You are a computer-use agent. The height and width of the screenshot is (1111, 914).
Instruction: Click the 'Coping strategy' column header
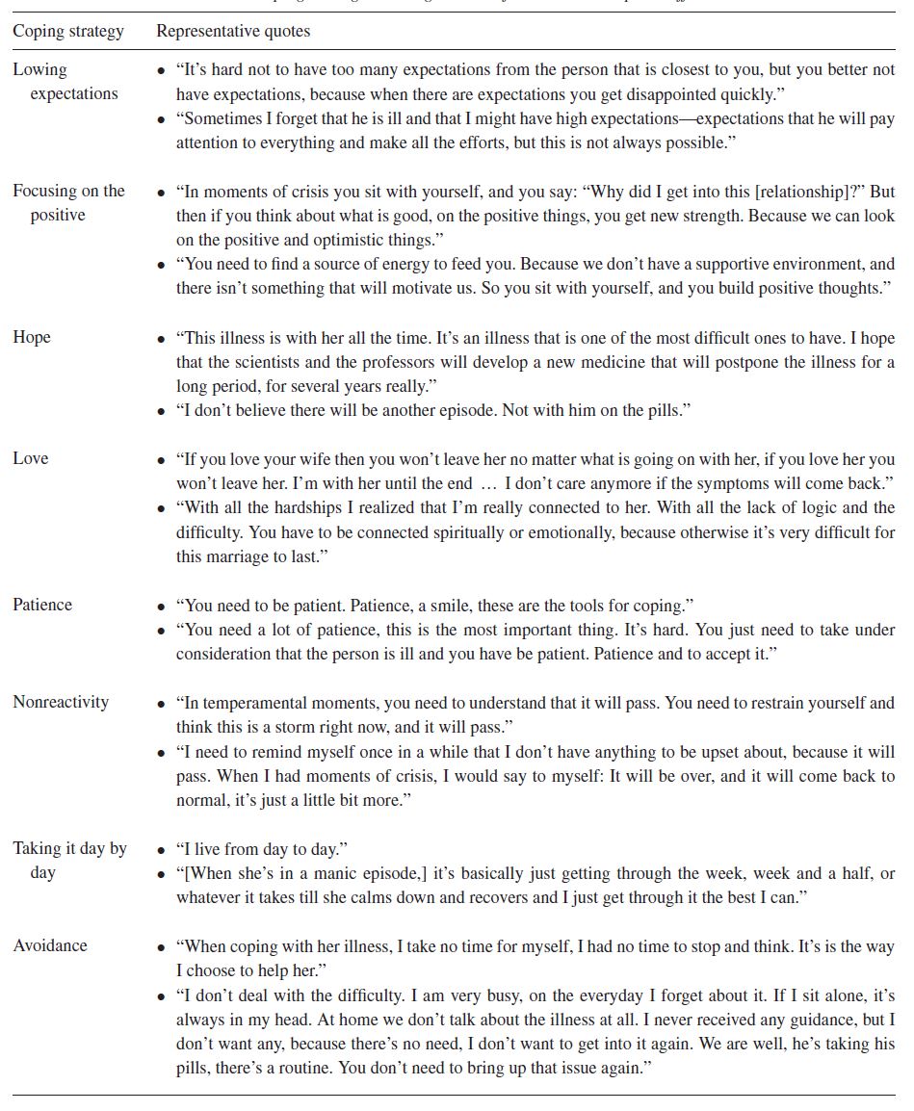pos(68,32)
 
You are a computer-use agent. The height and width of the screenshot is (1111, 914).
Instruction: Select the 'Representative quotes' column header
pos(233,32)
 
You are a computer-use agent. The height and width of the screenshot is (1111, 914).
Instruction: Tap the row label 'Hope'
pos(32,337)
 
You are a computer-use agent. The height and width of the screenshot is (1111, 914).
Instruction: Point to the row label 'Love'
pos(31,458)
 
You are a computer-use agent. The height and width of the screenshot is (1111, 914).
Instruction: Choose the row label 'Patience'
pos(42,605)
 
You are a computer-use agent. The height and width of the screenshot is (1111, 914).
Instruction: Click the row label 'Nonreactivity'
pos(61,702)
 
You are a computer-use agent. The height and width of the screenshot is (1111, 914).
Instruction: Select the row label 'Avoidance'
pos(50,945)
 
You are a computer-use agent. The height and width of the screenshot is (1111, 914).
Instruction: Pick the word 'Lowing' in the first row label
pos(39,69)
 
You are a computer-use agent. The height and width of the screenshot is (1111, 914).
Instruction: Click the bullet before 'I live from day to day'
pos(162,850)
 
